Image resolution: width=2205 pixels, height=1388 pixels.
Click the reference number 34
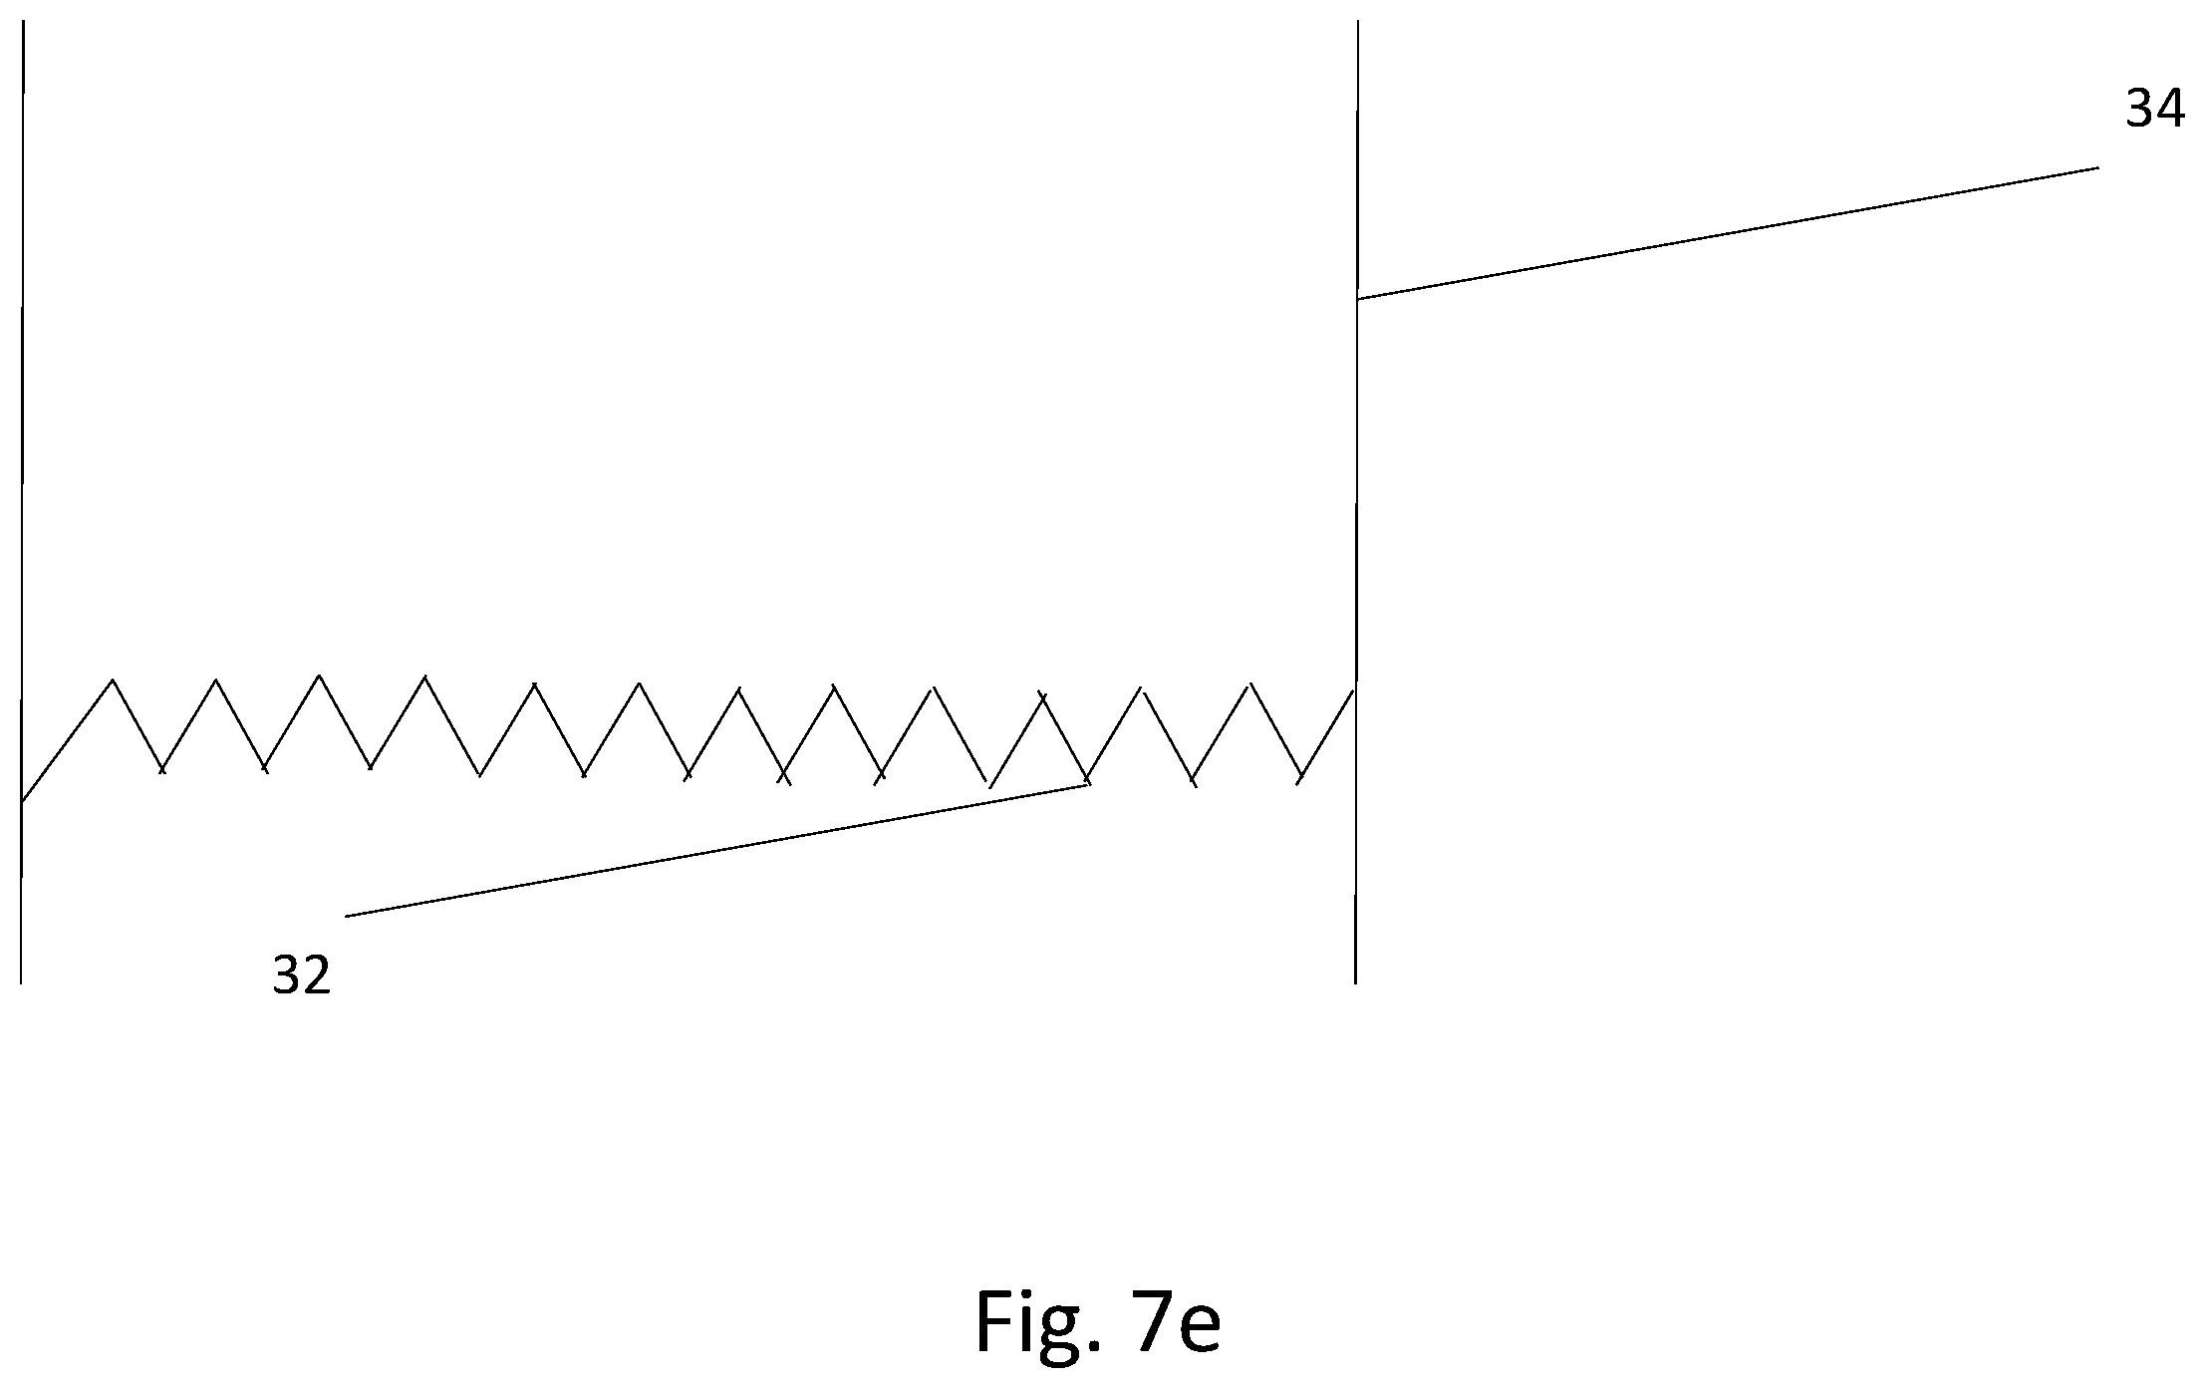click(x=2155, y=109)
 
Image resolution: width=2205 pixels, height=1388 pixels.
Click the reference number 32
click(x=301, y=975)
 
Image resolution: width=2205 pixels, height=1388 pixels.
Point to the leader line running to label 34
click(x=1728, y=233)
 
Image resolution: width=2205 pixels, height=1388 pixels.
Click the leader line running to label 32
click(x=715, y=851)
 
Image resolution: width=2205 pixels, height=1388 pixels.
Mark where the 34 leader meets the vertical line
click(x=1357, y=299)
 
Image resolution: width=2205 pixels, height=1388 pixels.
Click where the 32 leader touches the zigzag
click(x=1086, y=785)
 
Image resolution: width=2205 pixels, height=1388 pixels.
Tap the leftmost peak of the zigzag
click(x=113, y=681)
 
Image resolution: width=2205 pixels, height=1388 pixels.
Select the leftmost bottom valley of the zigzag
click(x=161, y=770)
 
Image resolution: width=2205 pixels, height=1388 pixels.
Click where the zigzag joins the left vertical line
click(x=22, y=800)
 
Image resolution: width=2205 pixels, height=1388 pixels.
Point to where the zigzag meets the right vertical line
click(x=1354, y=690)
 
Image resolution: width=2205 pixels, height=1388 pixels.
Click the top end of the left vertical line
click(x=23, y=21)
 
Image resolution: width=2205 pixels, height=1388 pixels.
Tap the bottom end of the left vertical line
click(x=21, y=983)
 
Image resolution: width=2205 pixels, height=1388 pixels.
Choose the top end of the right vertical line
click(x=1358, y=21)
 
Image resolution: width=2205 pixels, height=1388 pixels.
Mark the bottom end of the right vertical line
click(x=1355, y=983)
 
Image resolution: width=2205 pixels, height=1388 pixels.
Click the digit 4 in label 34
click(x=2171, y=109)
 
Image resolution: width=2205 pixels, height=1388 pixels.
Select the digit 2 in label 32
click(x=317, y=975)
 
